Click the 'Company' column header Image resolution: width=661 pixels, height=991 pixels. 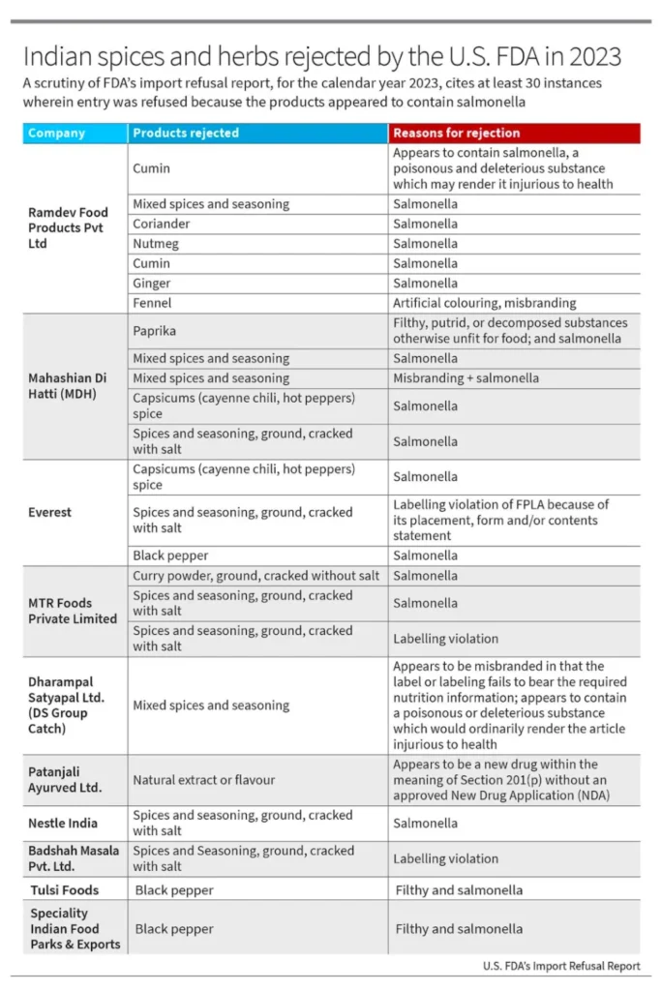click(x=56, y=134)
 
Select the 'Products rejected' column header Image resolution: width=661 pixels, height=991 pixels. click(x=186, y=134)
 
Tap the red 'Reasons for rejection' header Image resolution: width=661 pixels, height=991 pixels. click(x=456, y=134)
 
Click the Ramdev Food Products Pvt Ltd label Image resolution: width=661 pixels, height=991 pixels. click(x=68, y=227)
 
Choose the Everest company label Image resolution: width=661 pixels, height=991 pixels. click(x=49, y=512)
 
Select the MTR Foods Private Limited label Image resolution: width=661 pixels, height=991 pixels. click(x=73, y=611)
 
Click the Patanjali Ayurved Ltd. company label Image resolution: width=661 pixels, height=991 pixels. click(x=65, y=780)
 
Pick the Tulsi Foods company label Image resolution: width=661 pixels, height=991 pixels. click(x=64, y=889)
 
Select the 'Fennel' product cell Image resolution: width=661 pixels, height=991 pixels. click(x=151, y=303)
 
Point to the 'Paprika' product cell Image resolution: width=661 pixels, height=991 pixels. click(x=155, y=331)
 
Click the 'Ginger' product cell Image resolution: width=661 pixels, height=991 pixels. click(x=151, y=284)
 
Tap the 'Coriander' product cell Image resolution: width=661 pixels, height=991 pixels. click(x=162, y=224)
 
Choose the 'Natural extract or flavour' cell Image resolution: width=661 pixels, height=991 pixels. click(x=204, y=780)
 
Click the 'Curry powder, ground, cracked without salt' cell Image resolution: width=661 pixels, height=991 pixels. click(x=255, y=576)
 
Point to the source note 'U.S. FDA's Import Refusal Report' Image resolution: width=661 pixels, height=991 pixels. click(x=561, y=966)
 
